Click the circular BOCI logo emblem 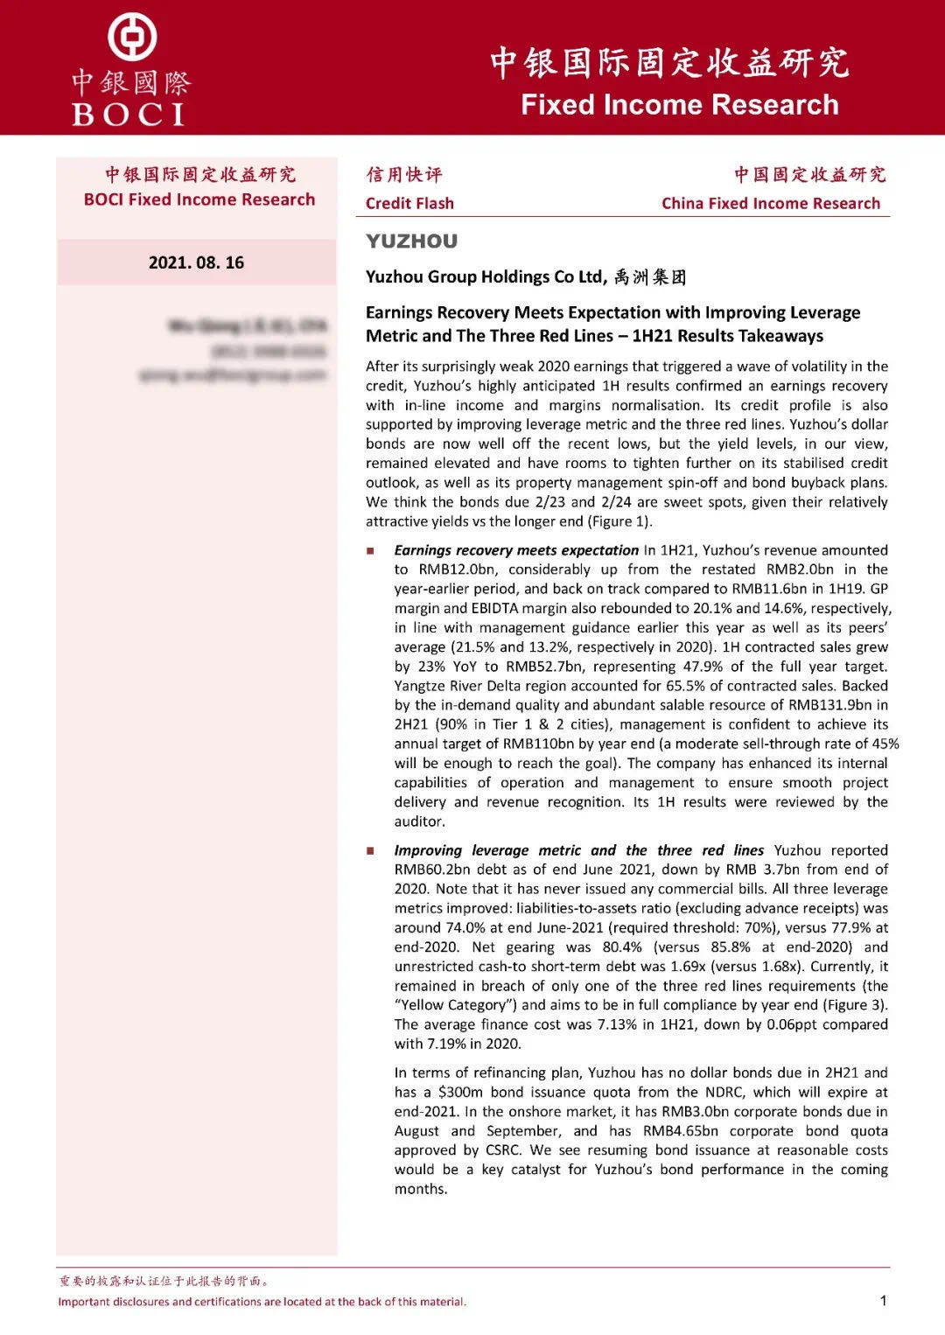[132, 38]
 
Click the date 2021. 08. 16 [196, 262]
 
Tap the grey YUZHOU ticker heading [411, 241]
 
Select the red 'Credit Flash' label [409, 204]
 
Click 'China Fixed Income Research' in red [770, 204]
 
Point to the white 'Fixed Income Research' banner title [679, 105]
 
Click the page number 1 [883, 1300]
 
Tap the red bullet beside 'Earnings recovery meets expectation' [370, 551]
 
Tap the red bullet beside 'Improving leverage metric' [370, 851]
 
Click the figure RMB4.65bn [681, 1131]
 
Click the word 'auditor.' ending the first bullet [420, 821]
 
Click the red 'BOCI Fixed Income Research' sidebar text [199, 199]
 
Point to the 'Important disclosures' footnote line [262, 1302]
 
